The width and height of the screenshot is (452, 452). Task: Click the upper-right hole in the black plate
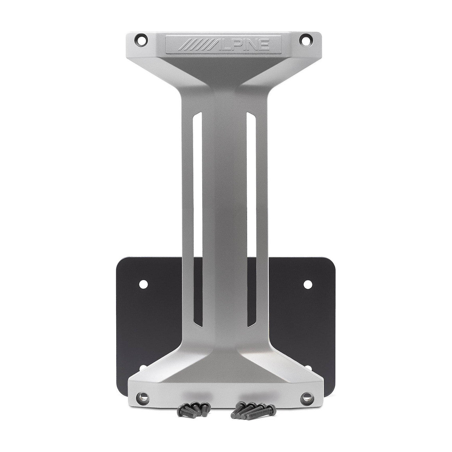pos(307,283)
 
